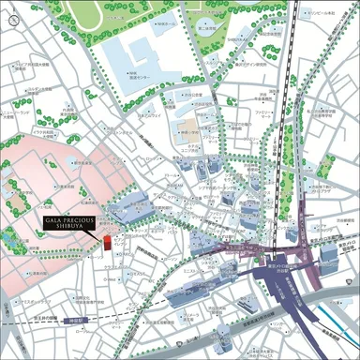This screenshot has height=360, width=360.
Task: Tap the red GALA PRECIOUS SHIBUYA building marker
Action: [106, 243]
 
